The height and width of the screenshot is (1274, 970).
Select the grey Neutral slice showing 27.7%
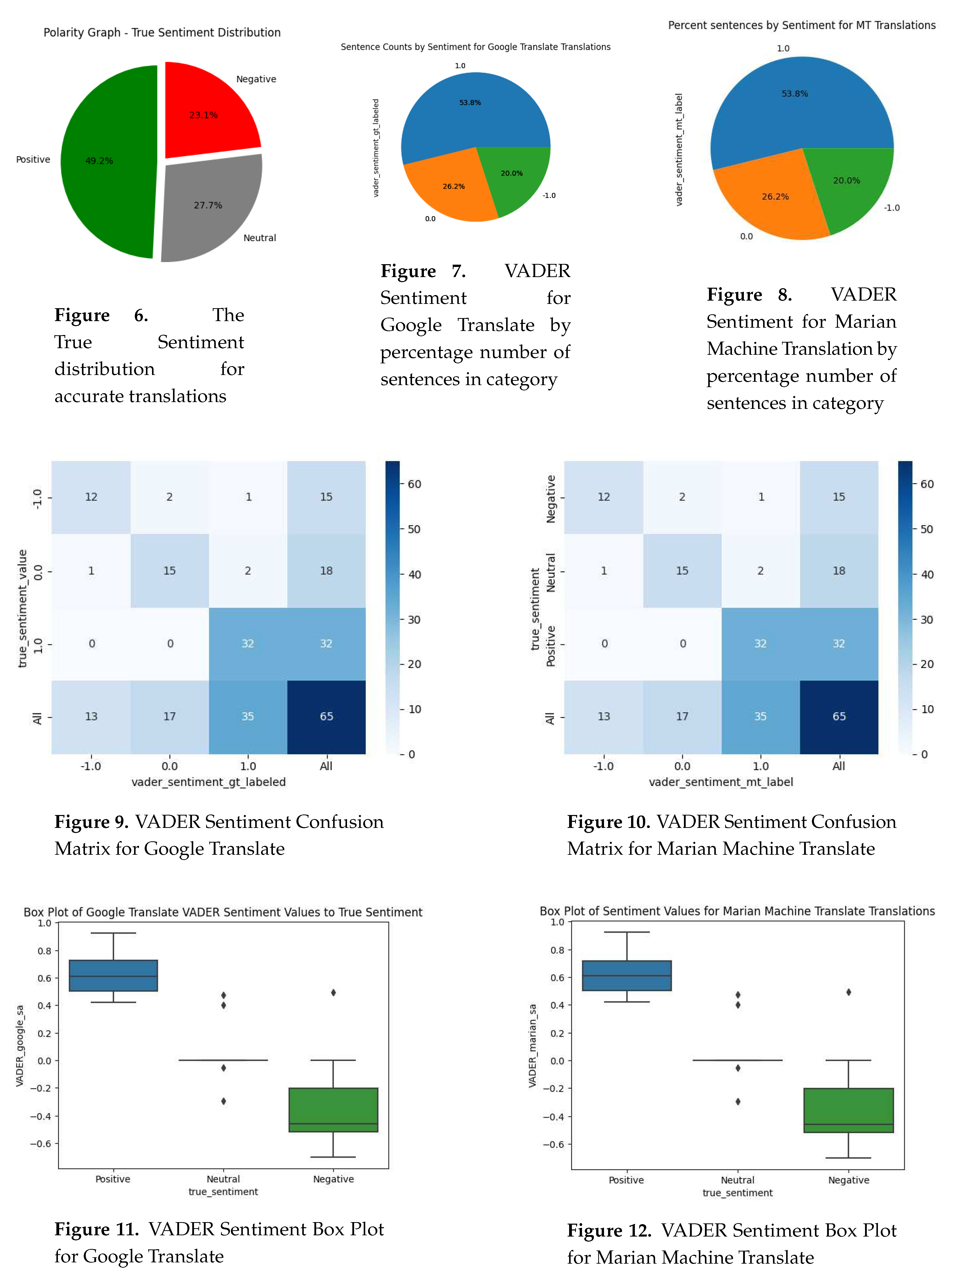(x=208, y=208)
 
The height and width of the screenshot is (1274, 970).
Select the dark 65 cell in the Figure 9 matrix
(x=326, y=716)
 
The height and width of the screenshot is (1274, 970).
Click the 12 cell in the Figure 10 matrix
(x=603, y=497)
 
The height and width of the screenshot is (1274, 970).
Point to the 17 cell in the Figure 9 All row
(x=169, y=716)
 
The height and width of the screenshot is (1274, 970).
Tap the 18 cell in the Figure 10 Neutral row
(x=838, y=571)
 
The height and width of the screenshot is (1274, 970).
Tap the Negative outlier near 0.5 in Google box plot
(x=333, y=992)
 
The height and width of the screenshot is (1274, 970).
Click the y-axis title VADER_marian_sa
(x=532, y=1045)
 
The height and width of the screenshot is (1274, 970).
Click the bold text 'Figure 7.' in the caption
(x=423, y=271)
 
